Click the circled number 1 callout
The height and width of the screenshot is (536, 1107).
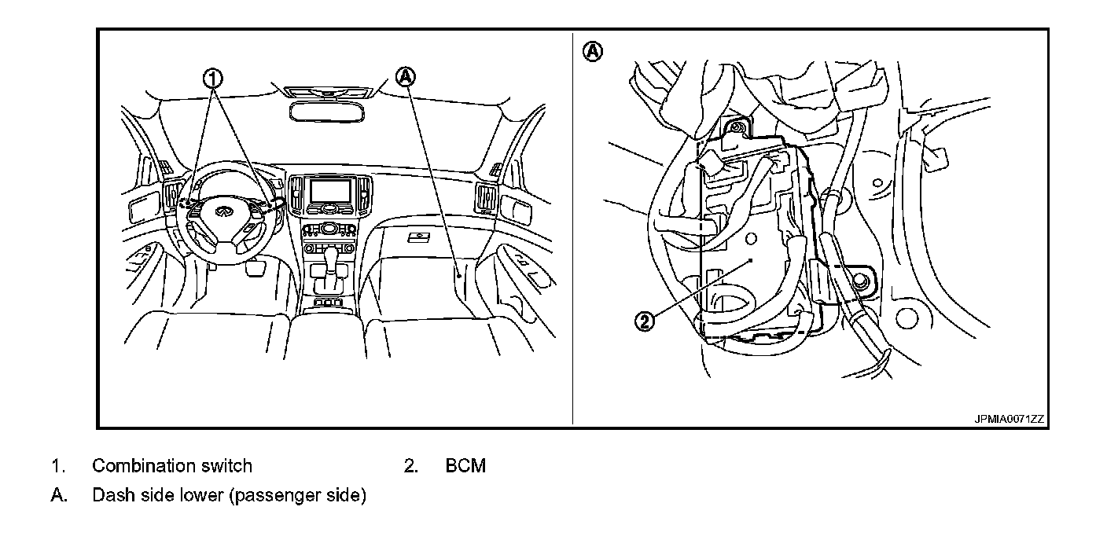tap(213, 78)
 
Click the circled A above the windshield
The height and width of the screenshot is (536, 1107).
tap(406, 76)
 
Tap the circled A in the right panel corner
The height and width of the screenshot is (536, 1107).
tap(592, 52)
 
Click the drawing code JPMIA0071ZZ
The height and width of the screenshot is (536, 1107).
tap(1009, 420)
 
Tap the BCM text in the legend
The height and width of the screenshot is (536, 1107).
tap(465, 466)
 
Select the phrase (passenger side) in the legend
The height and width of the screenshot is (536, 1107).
tap(299, 497)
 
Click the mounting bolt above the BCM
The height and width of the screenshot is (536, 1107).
tap(738, 127)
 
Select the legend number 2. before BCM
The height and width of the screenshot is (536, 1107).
tap(410, 466)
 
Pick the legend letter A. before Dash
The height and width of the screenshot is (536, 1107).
tap(57, 497)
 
